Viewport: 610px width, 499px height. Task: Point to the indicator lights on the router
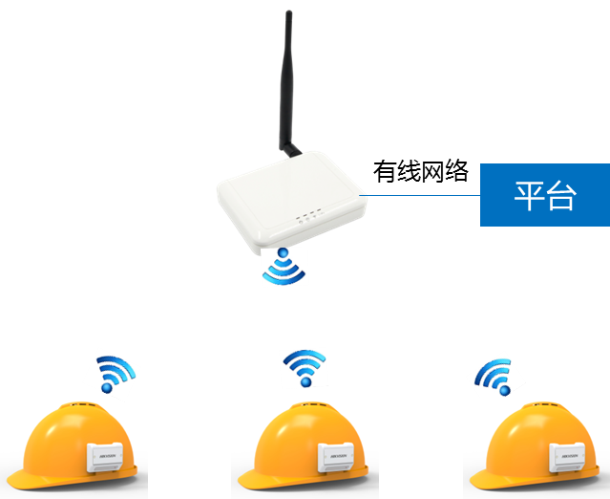pyautogui.click(x=306, y=218)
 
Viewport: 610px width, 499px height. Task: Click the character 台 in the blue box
pyautogui.click(x=561, y=195)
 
